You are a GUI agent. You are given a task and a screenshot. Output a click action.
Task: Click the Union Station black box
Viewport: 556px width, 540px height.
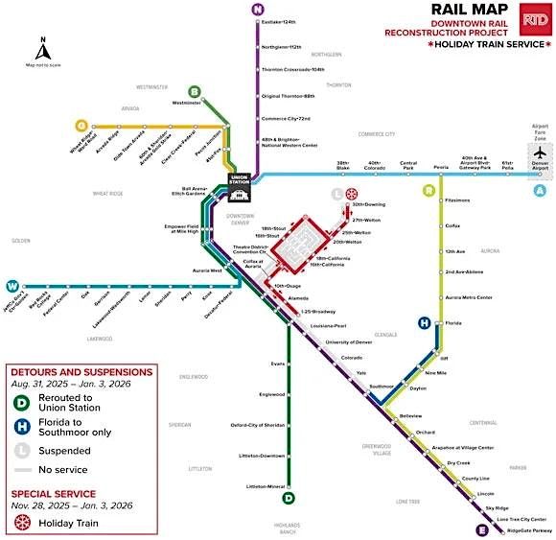click(x=239, y=182)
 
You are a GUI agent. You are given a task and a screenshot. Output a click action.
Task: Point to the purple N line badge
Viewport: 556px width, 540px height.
click(x=257, y=10)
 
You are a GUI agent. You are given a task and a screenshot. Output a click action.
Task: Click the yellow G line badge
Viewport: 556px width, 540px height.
click(x=81, y=125)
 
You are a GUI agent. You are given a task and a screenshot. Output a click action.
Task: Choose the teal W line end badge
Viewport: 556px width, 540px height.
click(x=12, y=286)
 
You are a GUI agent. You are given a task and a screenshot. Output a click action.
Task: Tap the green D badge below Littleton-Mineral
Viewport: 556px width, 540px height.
click(x=289, y=498)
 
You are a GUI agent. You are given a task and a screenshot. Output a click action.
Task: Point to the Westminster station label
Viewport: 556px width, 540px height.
click(x=187, y=102)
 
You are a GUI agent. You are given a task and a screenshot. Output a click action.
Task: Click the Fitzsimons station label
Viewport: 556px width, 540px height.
click(x=458, y=201)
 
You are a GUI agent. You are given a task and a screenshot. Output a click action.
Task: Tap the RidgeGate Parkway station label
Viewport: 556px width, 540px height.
click(x=529, y=530)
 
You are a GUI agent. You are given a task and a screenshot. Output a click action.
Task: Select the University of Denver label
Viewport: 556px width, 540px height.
click(x=348, y=342)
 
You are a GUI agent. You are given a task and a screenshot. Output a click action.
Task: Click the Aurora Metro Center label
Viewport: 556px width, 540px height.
click(x=469, y=297)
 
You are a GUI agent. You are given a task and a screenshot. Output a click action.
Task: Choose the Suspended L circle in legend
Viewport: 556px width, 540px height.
click(x=23, y=450)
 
